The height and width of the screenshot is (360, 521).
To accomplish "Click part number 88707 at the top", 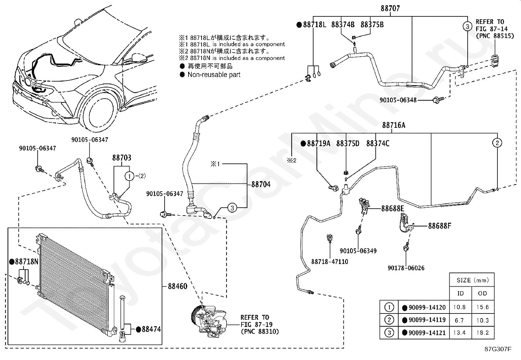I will point(390,9).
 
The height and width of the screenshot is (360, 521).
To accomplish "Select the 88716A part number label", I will point(394,125).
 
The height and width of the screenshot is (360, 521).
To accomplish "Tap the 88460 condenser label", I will point(177,286).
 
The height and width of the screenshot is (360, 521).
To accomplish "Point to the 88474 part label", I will point(151,329).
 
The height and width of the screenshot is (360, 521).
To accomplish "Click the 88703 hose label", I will point(122,158).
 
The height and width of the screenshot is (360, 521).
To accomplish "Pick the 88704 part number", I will point(261,184).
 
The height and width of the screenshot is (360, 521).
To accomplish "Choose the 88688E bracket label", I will point(392,209).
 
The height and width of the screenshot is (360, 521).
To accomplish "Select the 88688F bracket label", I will point(440,226).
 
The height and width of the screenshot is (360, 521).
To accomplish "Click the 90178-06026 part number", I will point(406,268).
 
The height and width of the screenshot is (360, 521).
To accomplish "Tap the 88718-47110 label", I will point(330,262).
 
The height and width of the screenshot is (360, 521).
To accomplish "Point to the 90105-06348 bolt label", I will point(398,100).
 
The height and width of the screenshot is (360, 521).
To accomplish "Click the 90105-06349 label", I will point(358,251).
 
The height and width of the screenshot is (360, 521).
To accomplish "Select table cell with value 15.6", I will point(483,307).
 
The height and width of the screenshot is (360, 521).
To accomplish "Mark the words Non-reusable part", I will point(214,75).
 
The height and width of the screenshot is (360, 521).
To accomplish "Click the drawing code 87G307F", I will point(498,349).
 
